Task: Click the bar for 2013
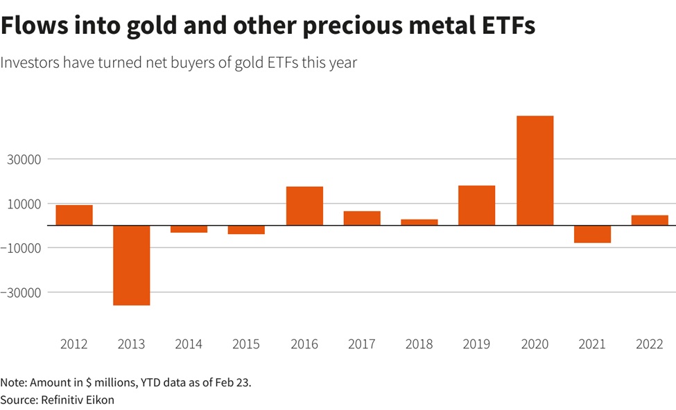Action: (132, 265)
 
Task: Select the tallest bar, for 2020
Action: (535, 170)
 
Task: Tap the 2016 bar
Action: (304, 206)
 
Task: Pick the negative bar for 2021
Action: (592, 234)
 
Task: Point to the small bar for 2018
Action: (419, 222)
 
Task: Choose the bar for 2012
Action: (74, 215)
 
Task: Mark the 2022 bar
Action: (650, 220)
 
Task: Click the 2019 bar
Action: (477, 205)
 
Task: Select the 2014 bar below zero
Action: (189, 229)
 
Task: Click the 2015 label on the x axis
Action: (246, 344)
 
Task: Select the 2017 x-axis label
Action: (362, 344)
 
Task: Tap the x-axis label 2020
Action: (535, 344)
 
